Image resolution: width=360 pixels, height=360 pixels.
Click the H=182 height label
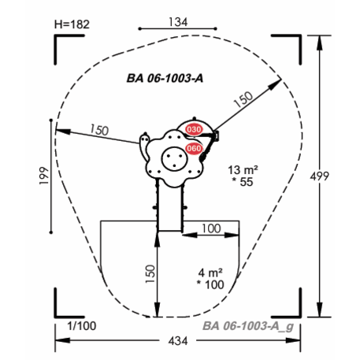(72, 24)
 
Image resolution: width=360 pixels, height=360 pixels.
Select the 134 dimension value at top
(178, 22)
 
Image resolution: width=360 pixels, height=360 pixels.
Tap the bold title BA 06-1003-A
(165, 78)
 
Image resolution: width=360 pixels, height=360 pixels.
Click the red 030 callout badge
(194, 129)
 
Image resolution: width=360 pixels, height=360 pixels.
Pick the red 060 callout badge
(194, 149)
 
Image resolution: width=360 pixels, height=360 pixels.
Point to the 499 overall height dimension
(319, 176)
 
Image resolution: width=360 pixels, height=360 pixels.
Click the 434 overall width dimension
(178, 341)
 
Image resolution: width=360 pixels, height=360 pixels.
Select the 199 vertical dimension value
(44, 176)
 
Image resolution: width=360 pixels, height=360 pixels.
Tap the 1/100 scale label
(82, 326)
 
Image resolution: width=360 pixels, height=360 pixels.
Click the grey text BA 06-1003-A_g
(248, 326)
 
